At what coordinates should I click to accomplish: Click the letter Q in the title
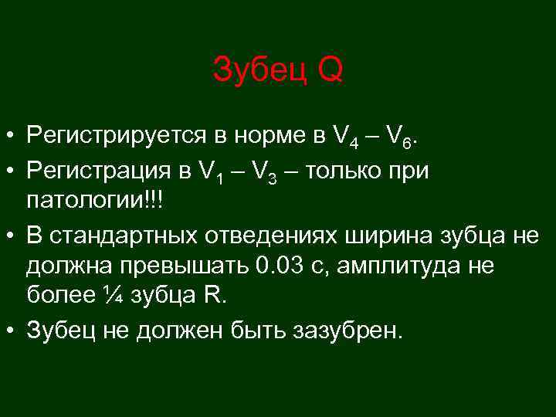click(x=330, y=71)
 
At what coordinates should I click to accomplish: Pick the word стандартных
click(x=128, y=235)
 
